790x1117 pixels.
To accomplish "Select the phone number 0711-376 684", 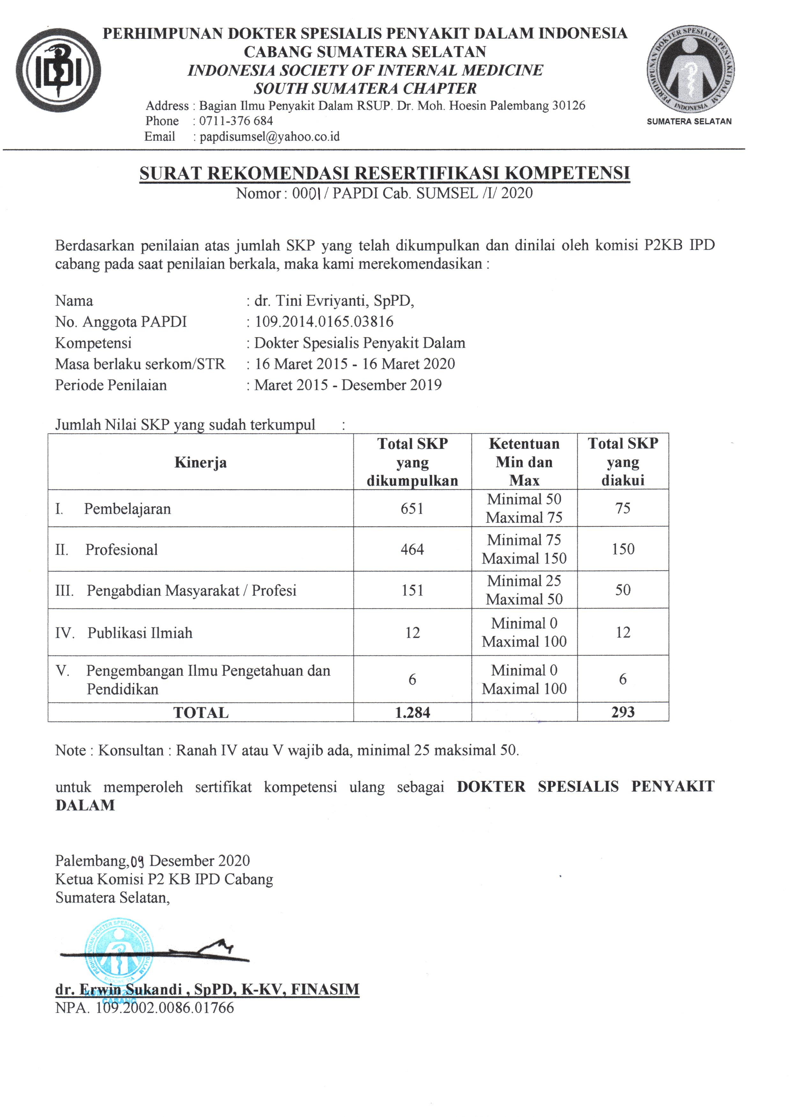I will click(x=236, y=121).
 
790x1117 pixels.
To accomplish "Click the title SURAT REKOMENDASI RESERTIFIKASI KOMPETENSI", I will click(x=384, y=173).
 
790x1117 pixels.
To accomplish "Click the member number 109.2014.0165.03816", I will click(x=324, y=322).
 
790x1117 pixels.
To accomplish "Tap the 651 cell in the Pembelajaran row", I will click(x=412, y=509).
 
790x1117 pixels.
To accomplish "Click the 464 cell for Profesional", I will click(x=412, y=550).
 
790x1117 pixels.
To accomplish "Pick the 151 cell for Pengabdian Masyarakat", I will click(x=412, y=590).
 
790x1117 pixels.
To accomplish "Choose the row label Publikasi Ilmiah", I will click(x=140, y=633).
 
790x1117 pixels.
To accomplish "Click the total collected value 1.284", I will click(x=412, y=713).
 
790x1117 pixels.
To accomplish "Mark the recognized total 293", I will click(x=623, y=712).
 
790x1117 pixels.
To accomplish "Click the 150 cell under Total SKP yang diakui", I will click(x=623, y=549).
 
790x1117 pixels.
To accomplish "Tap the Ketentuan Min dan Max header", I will click(x=524, y=462).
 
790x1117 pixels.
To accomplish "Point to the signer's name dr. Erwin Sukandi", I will click(x=207, y=989).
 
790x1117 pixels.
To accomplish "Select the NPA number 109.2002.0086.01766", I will click(x=165, y=1008).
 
